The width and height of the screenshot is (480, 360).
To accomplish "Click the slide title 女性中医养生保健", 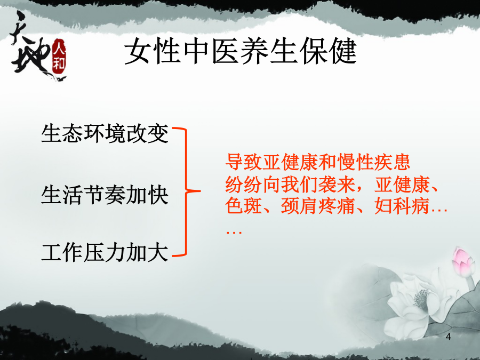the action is pos(241,51).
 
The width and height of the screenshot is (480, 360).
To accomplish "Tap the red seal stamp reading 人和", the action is pos(59,57).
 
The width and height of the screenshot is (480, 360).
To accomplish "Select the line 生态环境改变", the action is pos(105,133).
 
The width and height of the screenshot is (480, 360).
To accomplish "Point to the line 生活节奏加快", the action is pos(105,195).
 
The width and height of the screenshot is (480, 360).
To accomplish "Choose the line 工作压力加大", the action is pos(105,253).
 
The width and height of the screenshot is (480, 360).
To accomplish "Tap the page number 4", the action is pos(448,337).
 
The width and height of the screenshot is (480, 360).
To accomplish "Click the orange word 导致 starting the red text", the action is pos(243,162).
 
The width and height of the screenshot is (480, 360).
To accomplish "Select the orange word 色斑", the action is pos(243,205).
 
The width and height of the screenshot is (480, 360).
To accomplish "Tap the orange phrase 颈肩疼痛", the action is pos(318,205).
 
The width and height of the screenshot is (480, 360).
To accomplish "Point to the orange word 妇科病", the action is pos(402,205).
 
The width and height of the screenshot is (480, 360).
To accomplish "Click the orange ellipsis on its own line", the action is pos(234,232).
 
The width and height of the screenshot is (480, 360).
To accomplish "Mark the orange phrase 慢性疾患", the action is pos(373,162).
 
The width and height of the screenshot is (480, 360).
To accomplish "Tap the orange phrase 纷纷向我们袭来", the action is pos(290,185).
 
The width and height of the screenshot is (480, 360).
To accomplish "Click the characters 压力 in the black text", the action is pos(105,253).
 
